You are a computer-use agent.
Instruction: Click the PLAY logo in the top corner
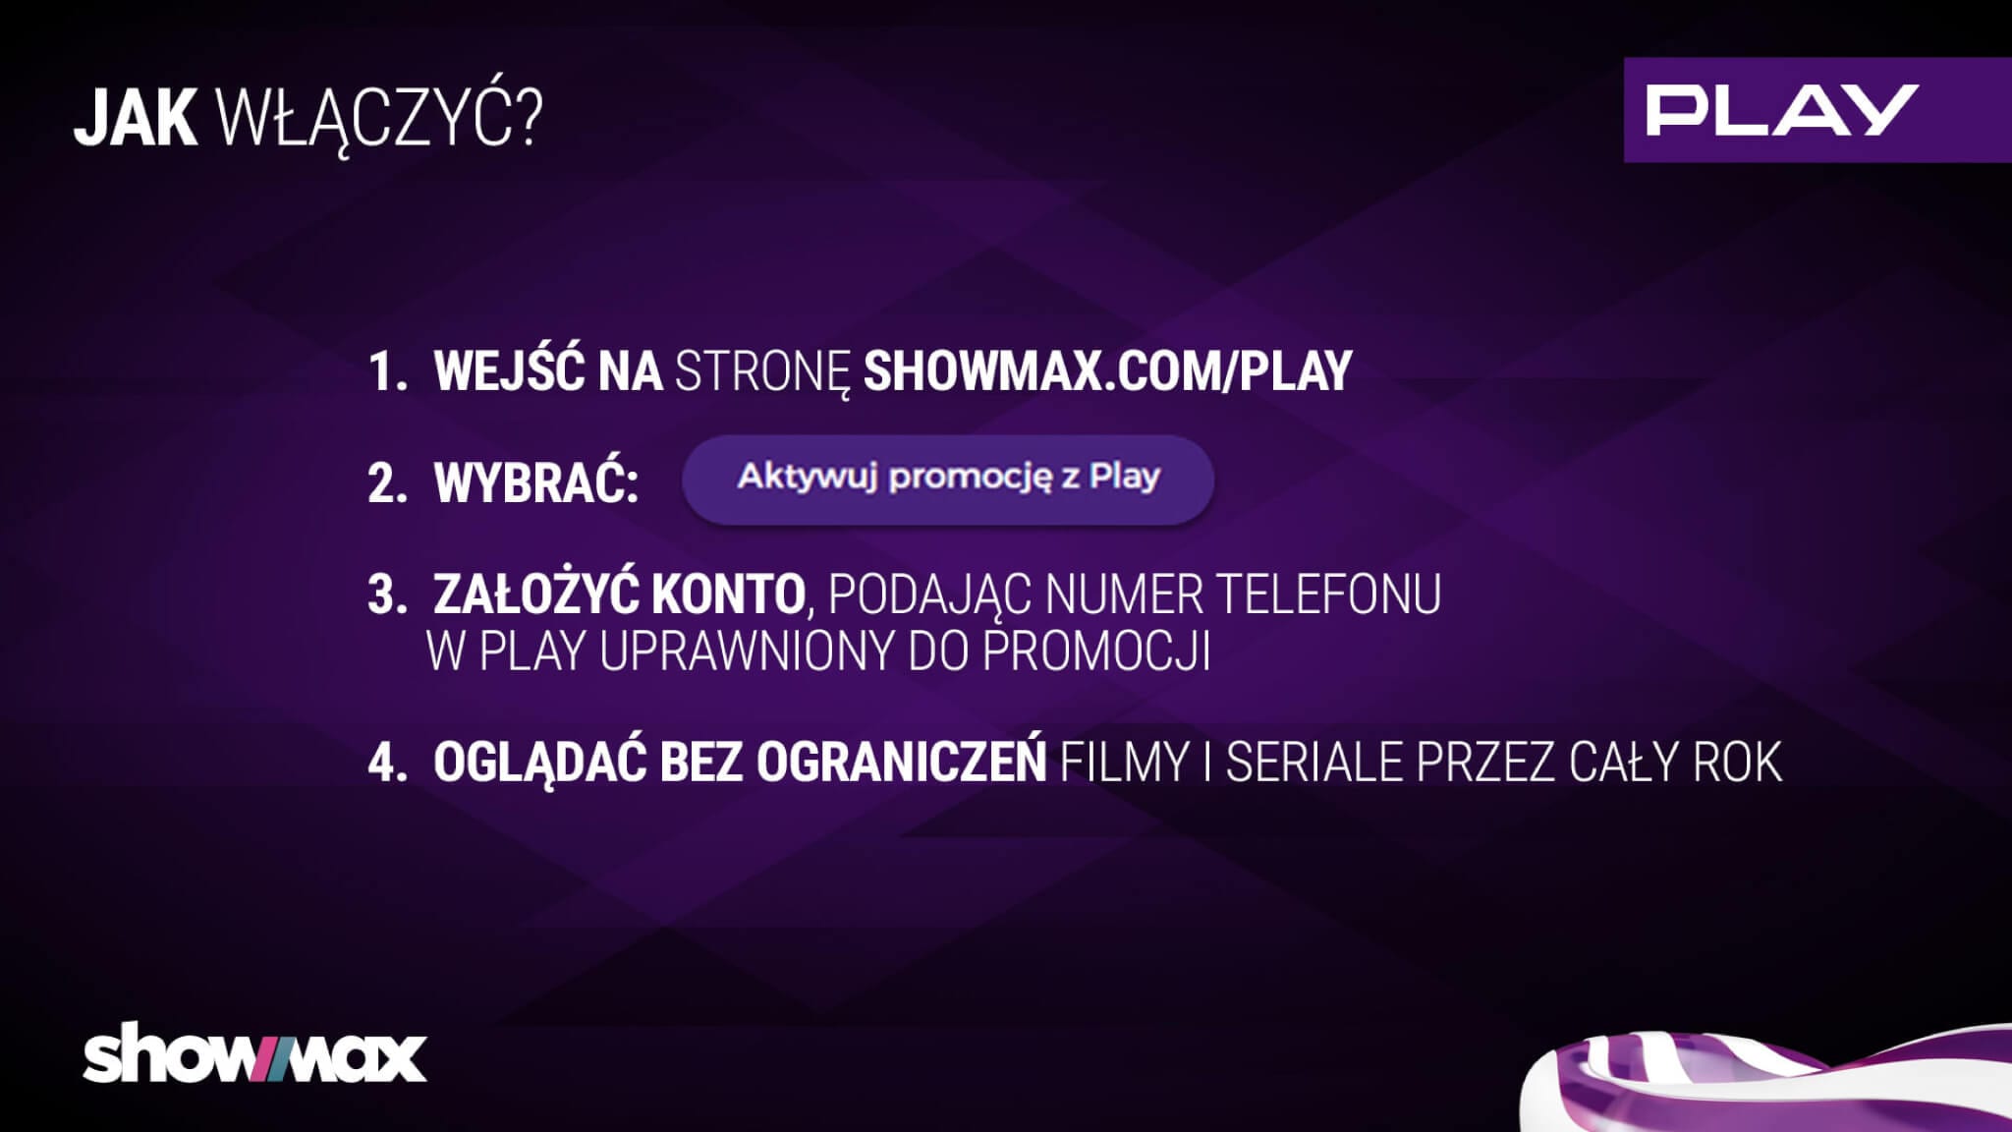tap(1817, 109)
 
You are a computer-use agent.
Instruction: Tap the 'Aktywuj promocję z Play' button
tap(948, 479)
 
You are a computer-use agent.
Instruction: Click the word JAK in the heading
tap(136, 120)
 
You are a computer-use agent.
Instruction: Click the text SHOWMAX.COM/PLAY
tap(1108, 370)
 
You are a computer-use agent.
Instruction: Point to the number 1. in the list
tap(387, 371)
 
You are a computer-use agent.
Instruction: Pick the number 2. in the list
tap(387, 484)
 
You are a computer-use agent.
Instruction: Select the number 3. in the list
tap(387, 595)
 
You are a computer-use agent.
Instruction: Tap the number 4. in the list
tap(387, 763)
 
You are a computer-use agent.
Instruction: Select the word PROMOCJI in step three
tap(1095, 651)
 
